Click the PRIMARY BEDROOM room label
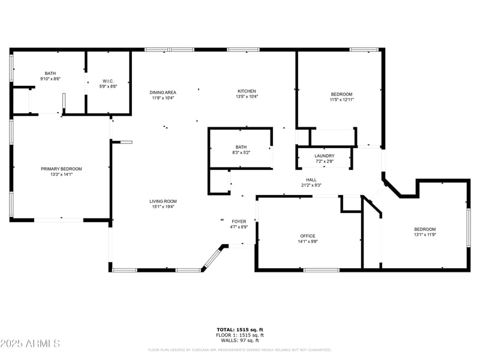click(x=61, y=169)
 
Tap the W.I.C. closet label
click(x=108, y=81)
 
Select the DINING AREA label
click(x=162, y=92)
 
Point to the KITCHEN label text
click(x=247, y=91)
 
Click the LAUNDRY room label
click(x=325, y=156)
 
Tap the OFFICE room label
click(x=308, y=236)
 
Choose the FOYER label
click(x=239, y=221)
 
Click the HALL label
click(x=311, y=179)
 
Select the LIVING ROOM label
click(x=163, y=201)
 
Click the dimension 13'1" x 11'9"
click(x=425, y=235)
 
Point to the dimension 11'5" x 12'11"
click(x=341, y=100)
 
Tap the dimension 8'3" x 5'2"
click(x=241, y=152)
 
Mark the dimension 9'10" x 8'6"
click(x=50, y=79)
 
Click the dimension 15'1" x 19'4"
click(x=163, y=207)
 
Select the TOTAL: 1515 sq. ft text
click(x=240, y=329)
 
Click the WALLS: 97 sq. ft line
click(x=240, y=340)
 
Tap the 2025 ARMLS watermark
click(x=30, y=344)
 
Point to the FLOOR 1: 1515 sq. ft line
click(x=240, y=335)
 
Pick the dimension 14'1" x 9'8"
click(x=308, y=242)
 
